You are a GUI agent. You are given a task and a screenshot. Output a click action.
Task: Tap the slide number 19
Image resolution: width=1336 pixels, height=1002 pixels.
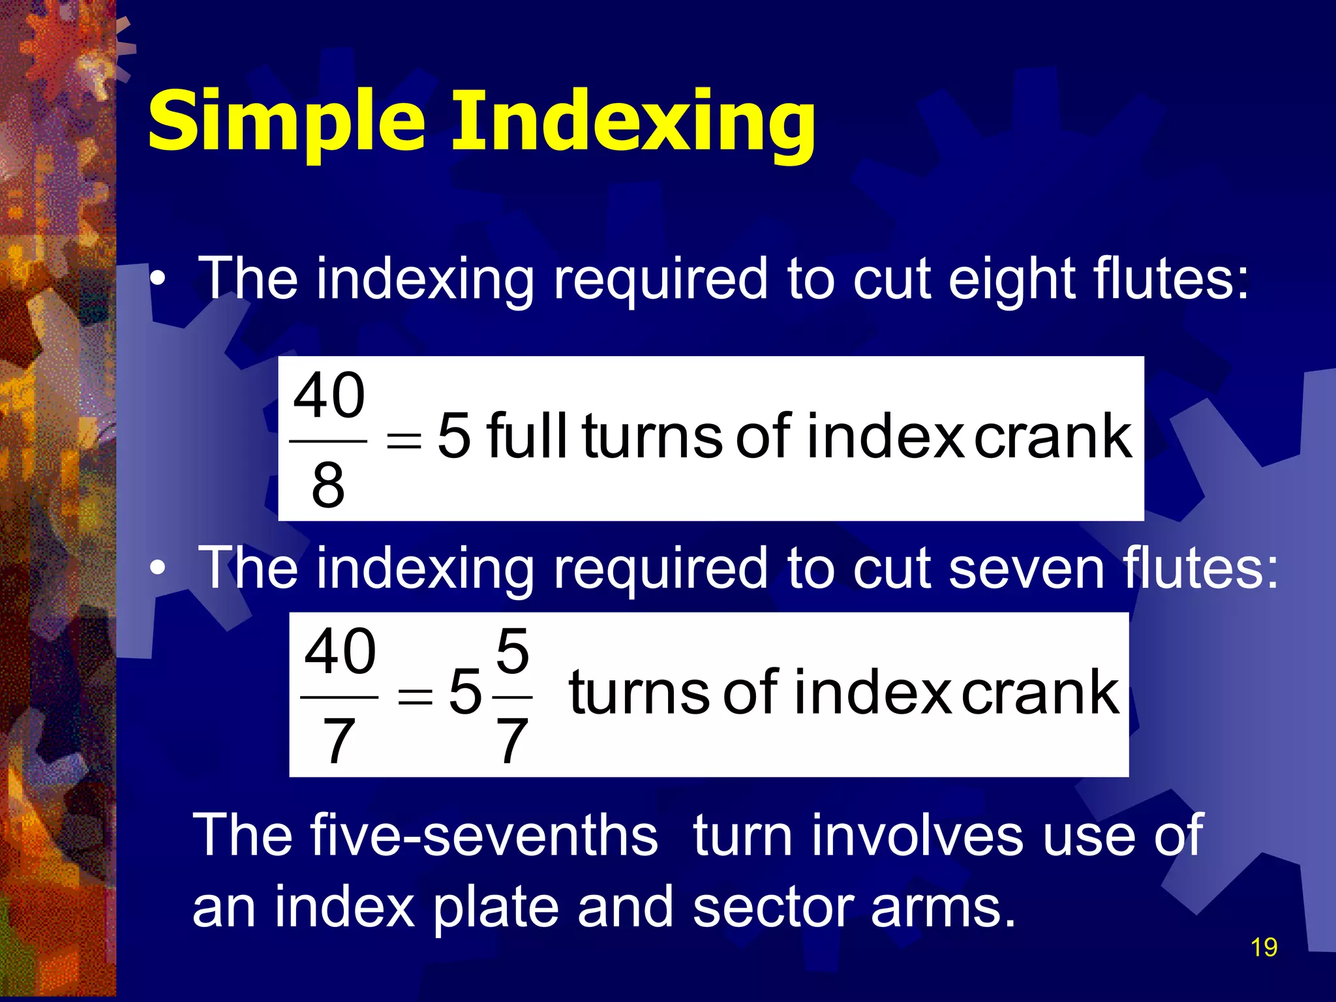1264,947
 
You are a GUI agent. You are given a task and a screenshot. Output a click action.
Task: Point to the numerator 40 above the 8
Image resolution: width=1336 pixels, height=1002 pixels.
329,395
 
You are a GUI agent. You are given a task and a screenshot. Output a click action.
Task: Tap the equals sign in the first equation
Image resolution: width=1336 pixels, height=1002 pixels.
404,441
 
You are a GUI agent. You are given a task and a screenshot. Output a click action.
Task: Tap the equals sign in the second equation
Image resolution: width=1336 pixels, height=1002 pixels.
416,697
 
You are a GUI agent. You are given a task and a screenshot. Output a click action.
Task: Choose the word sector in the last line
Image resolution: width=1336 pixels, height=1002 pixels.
773,908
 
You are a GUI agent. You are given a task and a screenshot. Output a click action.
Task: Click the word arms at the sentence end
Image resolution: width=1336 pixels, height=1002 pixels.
943,908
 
